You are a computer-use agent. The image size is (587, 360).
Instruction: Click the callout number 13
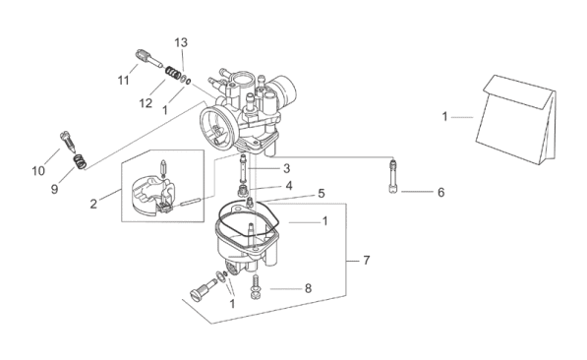(x=181, y=42)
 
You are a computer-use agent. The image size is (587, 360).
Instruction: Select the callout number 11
(x=124, y=81)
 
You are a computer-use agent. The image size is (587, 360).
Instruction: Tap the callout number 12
(x=146, y=103)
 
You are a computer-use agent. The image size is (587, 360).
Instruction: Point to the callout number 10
(x=38, y=171)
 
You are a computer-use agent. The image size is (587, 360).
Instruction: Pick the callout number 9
(x=55, y=189)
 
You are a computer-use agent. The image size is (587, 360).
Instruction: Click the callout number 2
(x=93, y=205)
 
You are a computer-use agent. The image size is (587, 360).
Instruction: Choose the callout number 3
(x=286, y=168)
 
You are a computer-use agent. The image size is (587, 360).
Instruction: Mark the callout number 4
(x=289, y=186)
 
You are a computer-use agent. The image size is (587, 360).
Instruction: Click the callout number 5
(x=322, y=194)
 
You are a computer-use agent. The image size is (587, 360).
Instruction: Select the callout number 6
(x=441, y=193)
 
